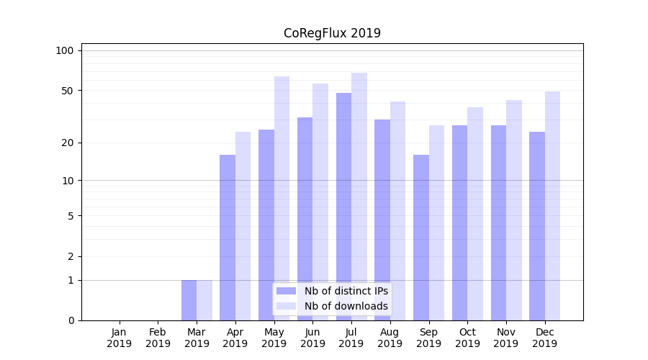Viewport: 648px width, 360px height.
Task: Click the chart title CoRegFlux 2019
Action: click(332, 33)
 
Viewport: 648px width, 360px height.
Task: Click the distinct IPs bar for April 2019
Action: click(228, 238)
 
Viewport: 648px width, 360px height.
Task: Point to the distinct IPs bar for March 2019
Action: click(189, 300)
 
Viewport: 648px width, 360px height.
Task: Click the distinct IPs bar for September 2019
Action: click(421, 238)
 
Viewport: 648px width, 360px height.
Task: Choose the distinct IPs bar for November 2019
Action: click(498, 222)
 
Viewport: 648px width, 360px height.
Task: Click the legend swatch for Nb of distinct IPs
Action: click(287, 291)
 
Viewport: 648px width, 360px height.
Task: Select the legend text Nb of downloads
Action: click(346, 306)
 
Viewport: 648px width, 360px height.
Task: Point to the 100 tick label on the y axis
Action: click(65, 50)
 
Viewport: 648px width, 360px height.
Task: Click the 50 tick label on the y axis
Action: click(67, 91)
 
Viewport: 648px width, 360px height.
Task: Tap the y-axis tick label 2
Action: click(71, 256)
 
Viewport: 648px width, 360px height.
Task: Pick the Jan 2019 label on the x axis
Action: click(120, 338)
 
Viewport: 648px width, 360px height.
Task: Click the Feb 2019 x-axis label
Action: click(158, 338)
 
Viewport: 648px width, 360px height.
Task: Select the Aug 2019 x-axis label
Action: click(390, 338)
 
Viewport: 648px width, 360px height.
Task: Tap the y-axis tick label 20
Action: click(67, 143)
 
